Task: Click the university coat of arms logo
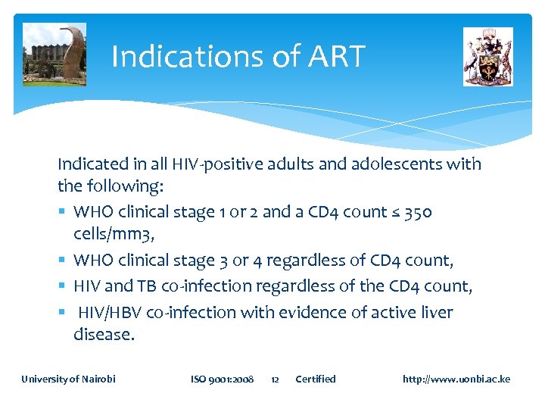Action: tap(488, 57)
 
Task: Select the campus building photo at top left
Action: tap(54, 55)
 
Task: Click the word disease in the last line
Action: tap(103, 335)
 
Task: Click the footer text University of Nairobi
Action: tap(68, 379)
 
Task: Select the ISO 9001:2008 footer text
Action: tap(222, 379)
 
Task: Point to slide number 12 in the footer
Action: tap(276, 379)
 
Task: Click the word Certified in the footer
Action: tap(315, 379)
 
